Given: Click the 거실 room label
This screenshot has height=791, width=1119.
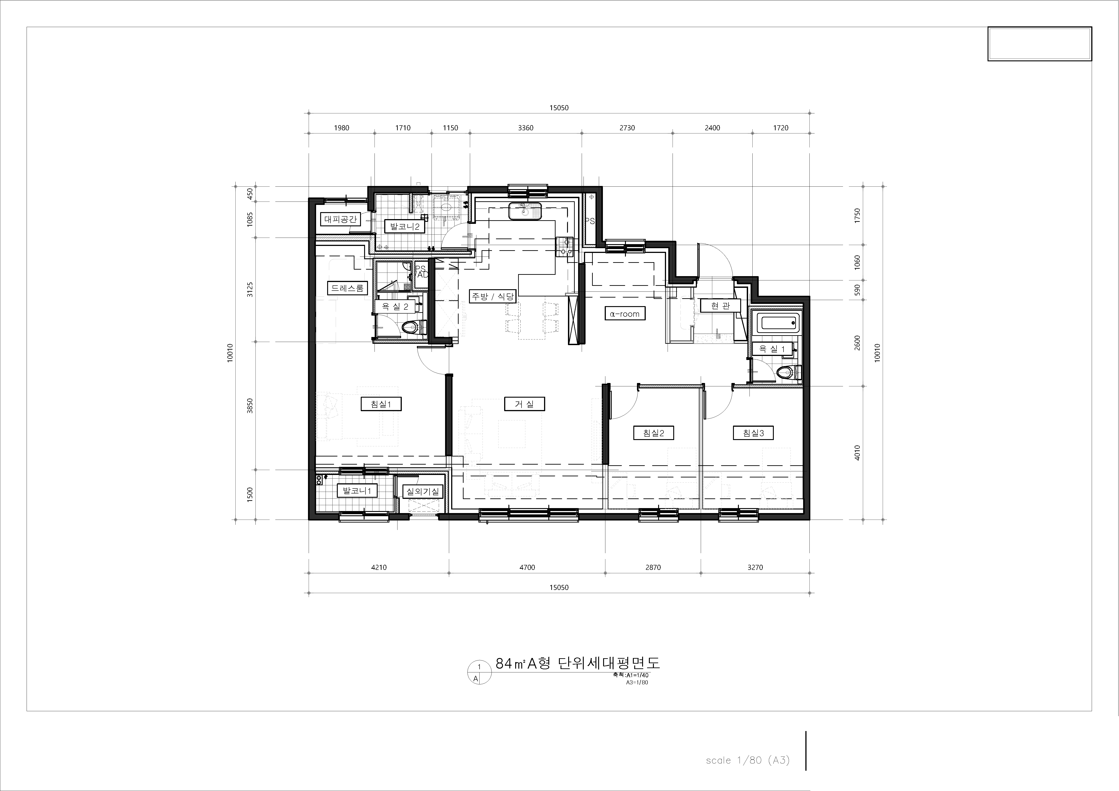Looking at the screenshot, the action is tap(524, 404).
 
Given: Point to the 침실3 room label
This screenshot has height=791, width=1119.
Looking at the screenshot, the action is tap(754, 433).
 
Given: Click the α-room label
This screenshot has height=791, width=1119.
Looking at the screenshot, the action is tap(625, 314).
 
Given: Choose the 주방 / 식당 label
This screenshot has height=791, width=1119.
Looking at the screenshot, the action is tap(492, 296).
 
